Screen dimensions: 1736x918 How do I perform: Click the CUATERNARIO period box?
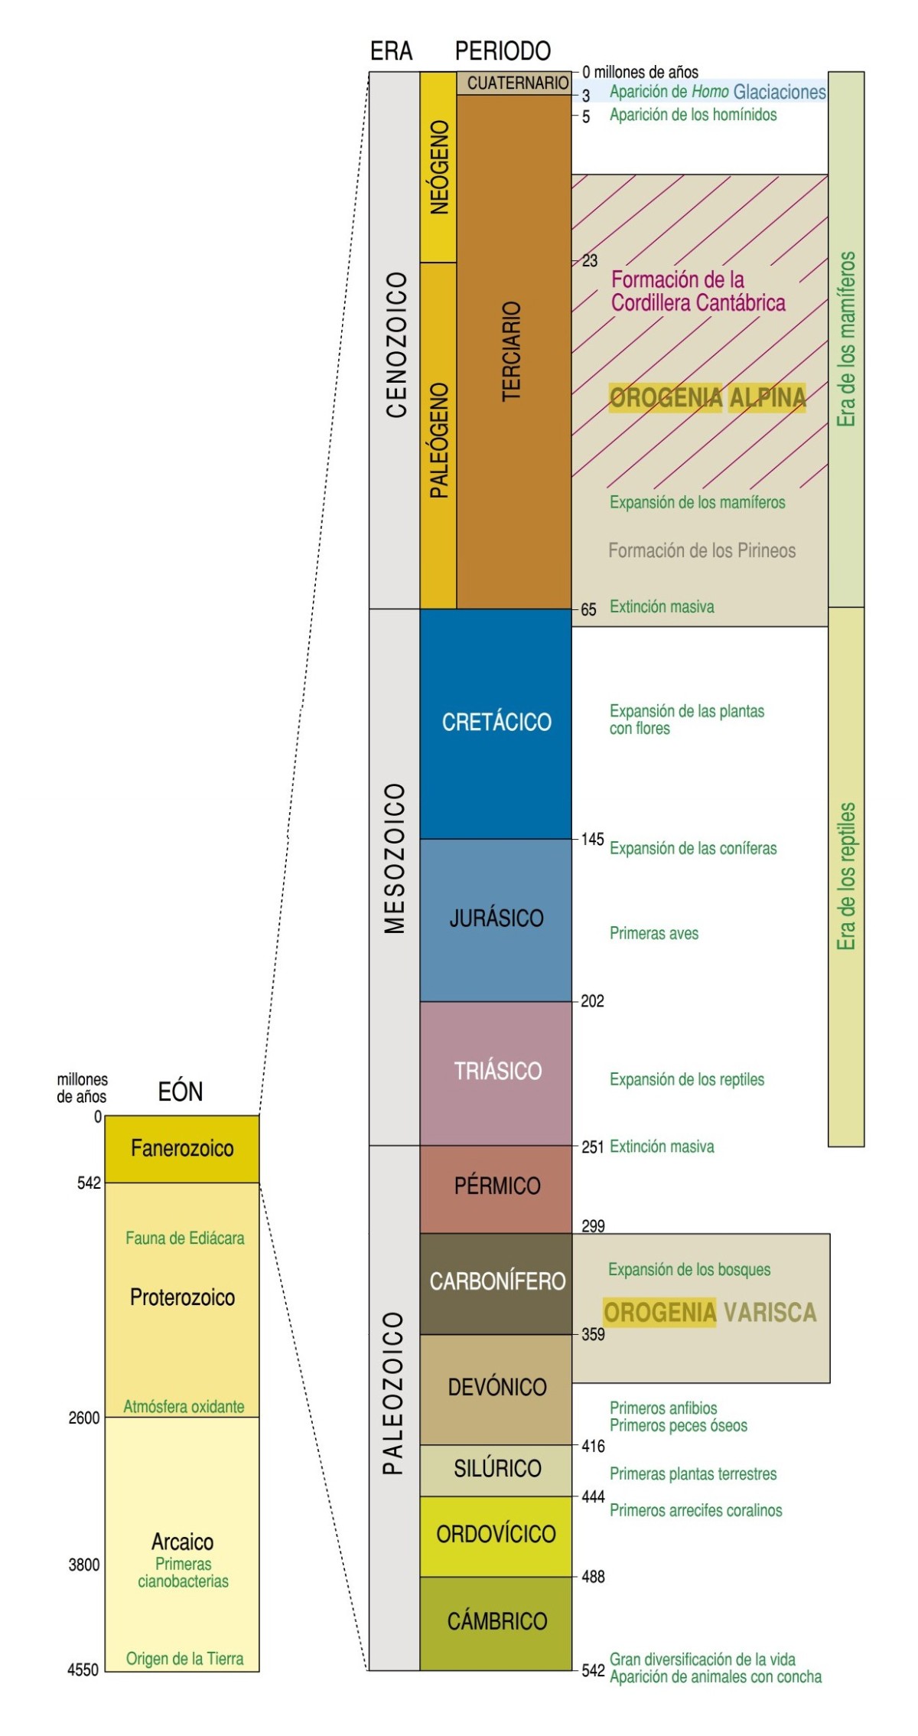514,83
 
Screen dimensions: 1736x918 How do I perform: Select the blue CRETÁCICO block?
496,722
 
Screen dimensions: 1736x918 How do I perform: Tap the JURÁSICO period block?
496,919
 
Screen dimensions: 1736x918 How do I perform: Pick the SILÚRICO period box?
496,1468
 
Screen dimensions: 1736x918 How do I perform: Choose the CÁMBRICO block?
496,1621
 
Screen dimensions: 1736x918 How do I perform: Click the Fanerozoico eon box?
182,1148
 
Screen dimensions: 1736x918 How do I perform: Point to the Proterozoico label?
182,1297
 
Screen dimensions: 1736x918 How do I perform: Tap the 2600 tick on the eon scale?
84,1418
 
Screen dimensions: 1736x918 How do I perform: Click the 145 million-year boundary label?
592,839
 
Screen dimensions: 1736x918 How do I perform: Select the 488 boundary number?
593,1577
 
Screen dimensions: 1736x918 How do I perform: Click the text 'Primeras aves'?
654,933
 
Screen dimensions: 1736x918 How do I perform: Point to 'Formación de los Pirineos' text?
702,550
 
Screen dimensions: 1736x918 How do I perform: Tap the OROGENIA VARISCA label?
709,1312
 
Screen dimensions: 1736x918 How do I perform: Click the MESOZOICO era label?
395,857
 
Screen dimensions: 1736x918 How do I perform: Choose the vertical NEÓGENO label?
439,167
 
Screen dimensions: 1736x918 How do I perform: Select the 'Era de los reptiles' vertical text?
846,876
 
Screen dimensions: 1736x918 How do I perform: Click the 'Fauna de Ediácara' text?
185,1238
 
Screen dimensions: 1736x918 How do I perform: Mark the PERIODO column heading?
503,51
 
